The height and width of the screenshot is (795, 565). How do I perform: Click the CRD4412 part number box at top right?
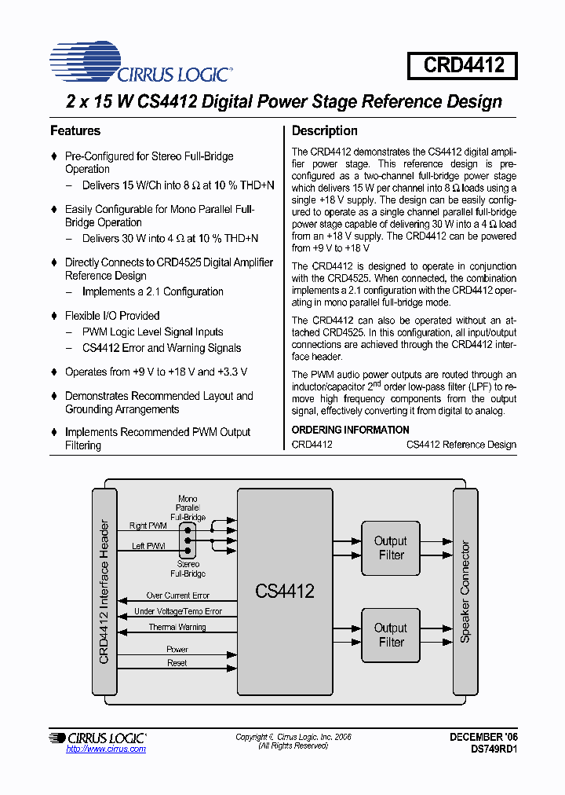[462, 65]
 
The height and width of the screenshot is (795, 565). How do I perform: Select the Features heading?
[75, 130]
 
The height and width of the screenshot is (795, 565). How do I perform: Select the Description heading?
[324, 130]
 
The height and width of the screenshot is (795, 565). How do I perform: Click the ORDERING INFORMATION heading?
[350, 430]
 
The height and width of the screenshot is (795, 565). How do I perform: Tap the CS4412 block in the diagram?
[284, 592]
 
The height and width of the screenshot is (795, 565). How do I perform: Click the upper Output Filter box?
[390, 548]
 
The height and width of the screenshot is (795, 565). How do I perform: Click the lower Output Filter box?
[390, 635]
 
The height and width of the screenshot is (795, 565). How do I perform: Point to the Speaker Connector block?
[465, 591]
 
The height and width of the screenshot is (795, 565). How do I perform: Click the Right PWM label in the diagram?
[148, 526]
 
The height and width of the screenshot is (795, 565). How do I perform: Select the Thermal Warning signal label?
[177, 627]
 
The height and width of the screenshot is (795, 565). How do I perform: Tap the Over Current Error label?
[178, 595]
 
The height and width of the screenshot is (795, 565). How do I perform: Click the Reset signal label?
[177, 663]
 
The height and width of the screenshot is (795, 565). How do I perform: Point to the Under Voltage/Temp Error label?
[178, 611]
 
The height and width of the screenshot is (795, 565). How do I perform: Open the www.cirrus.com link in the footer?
[106, 749]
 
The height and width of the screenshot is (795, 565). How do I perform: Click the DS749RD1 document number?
[494, 749]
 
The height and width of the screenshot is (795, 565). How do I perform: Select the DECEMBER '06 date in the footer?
[483, 737]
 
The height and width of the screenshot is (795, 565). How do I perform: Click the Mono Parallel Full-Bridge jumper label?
[188, 508]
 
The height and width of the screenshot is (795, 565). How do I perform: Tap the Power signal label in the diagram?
[177, 650]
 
